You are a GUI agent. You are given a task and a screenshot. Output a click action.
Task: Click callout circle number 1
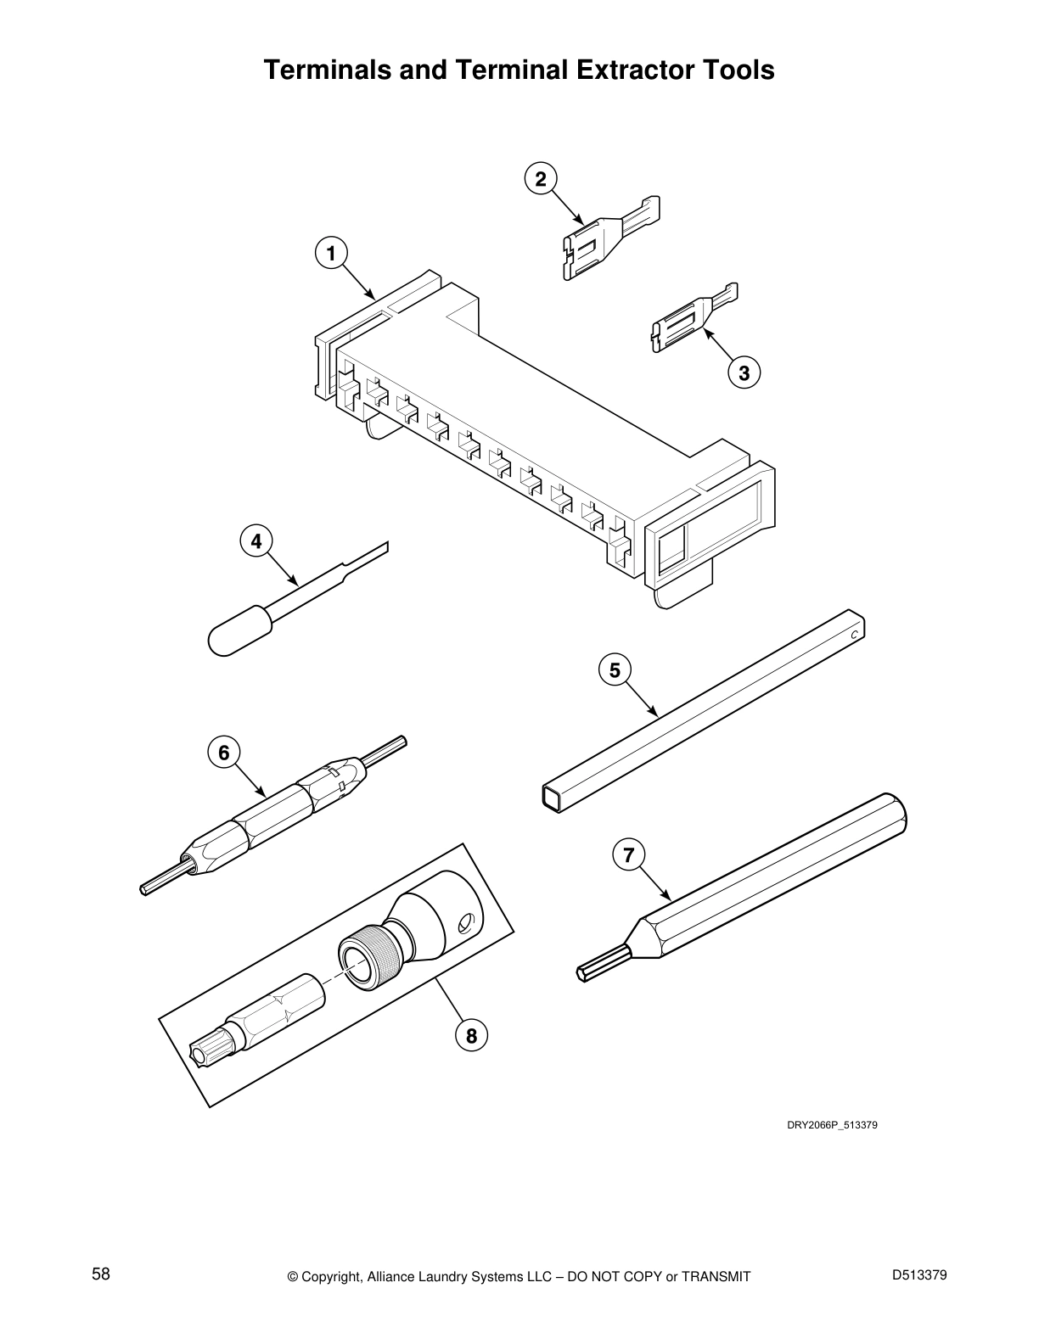(331, 254)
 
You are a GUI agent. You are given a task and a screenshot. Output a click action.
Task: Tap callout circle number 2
(541, 179)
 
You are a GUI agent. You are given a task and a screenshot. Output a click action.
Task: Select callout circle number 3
(744, 373)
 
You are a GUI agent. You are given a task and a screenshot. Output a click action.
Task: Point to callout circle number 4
(256, 542)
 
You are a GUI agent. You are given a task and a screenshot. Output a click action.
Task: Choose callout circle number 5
(615, 670)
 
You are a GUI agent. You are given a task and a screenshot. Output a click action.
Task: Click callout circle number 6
(223, 753)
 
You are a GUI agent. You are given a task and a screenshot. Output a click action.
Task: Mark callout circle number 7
(629, 855)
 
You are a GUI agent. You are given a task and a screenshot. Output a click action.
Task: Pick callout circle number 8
(472, 1035)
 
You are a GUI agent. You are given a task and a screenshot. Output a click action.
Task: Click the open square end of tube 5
(551, 798)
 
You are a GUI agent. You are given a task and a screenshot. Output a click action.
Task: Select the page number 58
(101, 1274)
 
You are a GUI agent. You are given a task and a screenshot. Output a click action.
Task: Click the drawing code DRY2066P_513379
(832, 1124)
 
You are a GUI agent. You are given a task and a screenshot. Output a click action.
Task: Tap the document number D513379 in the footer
(919, 1274)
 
